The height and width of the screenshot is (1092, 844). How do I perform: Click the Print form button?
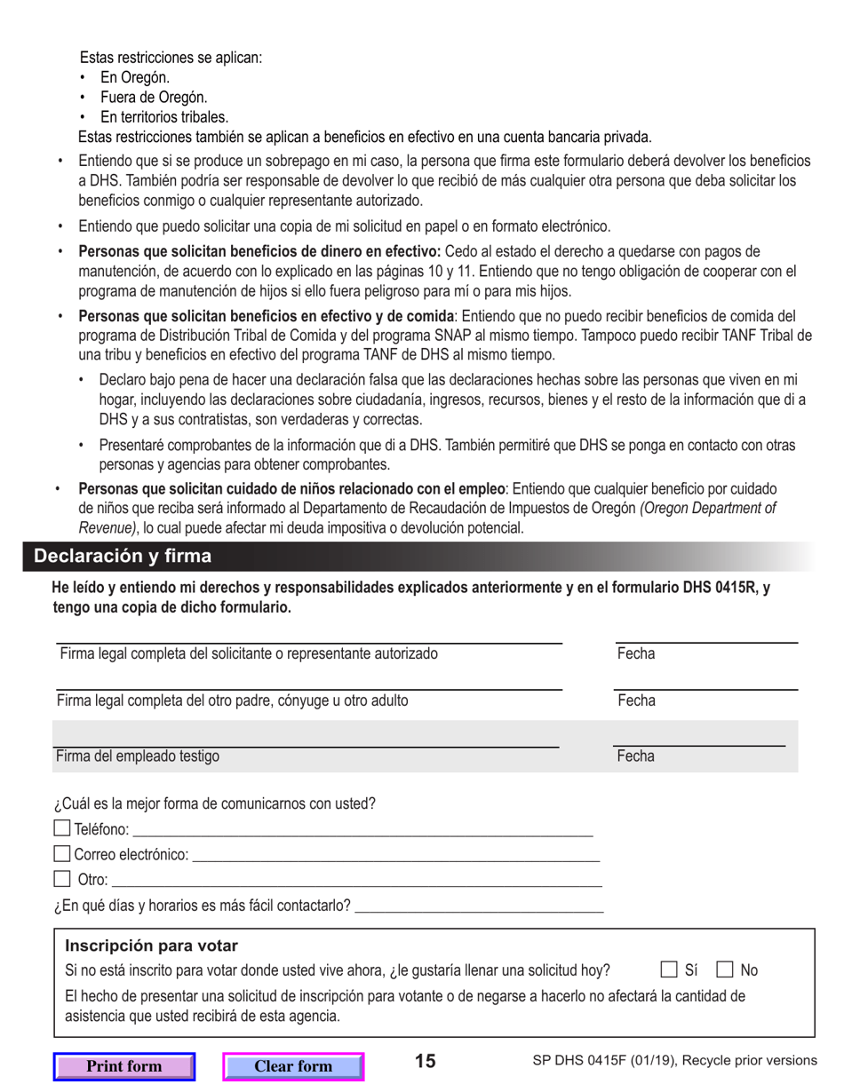[123, 1066]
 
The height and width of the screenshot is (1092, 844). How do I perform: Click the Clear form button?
[293, 1066]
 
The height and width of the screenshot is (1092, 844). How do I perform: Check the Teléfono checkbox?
[61, 829]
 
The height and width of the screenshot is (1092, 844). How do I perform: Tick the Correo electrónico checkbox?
[61, 855]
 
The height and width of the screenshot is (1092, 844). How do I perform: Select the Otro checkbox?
[61, 880]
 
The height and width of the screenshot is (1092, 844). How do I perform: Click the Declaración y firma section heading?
[123, 557]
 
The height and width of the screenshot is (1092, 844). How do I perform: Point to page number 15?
[426, 1061]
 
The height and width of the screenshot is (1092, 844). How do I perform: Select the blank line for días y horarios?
[479, 910]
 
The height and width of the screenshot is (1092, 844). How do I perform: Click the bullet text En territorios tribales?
[164, 116]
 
